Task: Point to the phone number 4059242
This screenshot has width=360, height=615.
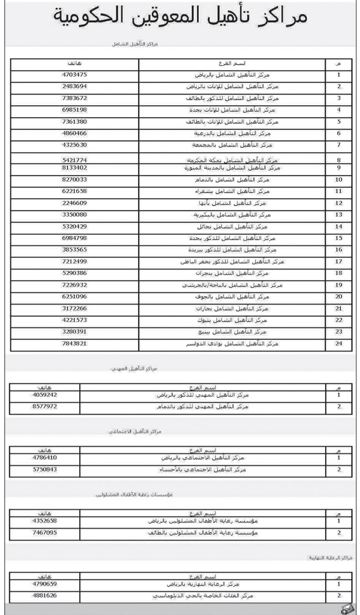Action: pyautogui.click(x=45, y=395)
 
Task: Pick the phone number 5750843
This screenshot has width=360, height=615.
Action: pyautogui.click(x=45, y=469)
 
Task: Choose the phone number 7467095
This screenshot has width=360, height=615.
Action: pyautogui.click(x=45, y=532)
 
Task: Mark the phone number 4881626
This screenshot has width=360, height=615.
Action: pyautogui.click(x=45, y=596)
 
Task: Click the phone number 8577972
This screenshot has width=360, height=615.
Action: pyautogui.click(x=45, y=406)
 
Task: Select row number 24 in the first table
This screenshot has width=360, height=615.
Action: pyautogui.click(x=338, y=344)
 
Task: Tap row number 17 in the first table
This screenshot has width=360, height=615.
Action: pyautogui.click(x=338, y=261)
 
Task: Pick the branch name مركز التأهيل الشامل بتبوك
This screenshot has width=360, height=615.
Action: pyautogui.click(x=255, y=321)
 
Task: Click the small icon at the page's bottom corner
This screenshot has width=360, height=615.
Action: pyautogui.click(x=346, y=608)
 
